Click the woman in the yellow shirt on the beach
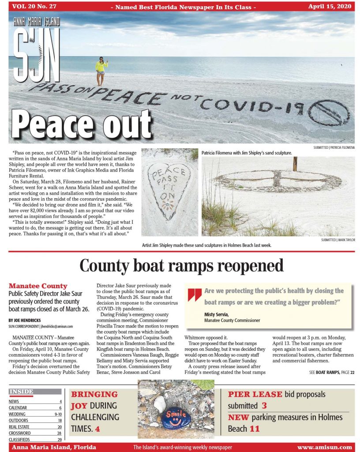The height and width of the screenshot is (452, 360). click(x=101, y=70)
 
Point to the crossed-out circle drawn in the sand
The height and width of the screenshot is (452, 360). click(x=328, y=112)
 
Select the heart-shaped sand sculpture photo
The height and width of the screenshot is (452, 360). click(x=170, y=192)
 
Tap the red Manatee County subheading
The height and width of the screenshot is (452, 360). click(x=38, y=286)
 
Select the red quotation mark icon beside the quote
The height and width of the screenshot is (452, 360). click(x=195, y=294)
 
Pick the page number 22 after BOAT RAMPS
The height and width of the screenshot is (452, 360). click(x=352, y=373)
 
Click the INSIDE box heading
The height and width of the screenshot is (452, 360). click(x=21, y=391)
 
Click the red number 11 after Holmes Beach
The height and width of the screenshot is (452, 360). click(x=255, y=429)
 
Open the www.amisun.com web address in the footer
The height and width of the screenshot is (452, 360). click(x=324, y=447)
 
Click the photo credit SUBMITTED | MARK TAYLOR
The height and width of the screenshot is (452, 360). click(x=338, y=240)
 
